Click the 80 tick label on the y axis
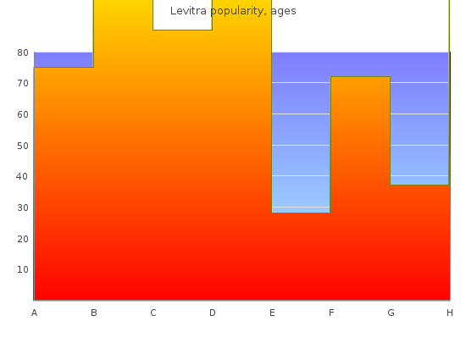tap(23, 53)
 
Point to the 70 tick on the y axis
tap(23, 83)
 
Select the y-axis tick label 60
tap(23, 114)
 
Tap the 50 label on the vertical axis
tap(23, 146)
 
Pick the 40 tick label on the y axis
tap(22, 176)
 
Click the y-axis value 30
tap(23, 208)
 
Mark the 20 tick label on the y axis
tap(23, 239)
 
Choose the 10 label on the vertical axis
tap(23, 269)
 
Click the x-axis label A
tap(34, 313)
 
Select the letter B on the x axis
tap(94, 313)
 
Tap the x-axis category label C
tap(153, 313)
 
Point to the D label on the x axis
tap(212, 313)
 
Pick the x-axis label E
tap(272, 313)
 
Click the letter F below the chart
tap(331, 313)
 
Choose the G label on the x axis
tap(391, 313)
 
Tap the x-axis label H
tap(450, 313)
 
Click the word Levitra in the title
tap(188, 11)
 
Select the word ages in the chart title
tap(284, 12)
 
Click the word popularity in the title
tap(239, 12)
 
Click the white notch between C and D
tap(182, 15)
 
